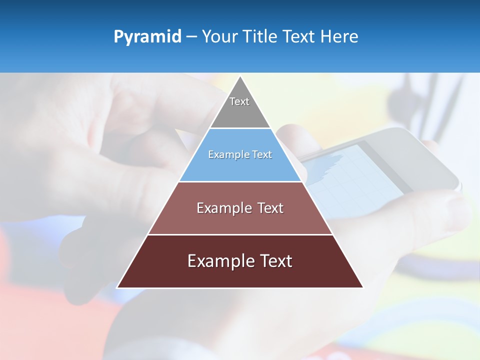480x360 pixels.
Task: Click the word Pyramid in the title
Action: tap(147, 36)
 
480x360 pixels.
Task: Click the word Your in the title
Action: tap(219, 36)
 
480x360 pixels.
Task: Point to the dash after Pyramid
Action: tap(191, 37)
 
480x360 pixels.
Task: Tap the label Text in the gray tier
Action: tap(239, 101)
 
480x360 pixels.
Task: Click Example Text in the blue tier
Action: tap(240, 154)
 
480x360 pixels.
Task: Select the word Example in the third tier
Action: tap(222, 208)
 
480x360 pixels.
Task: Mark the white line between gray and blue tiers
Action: tap(240, 128)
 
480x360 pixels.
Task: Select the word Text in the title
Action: tap(298, 36)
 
